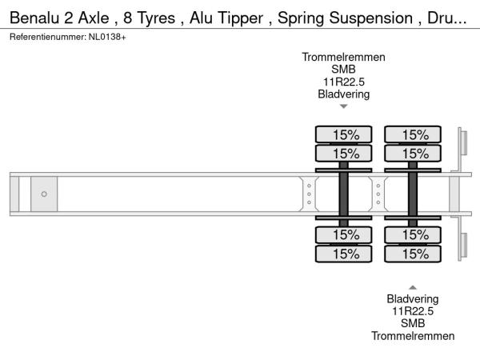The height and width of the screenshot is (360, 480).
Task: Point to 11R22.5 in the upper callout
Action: click(343, 82)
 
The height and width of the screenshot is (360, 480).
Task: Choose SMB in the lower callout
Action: click(413, 323)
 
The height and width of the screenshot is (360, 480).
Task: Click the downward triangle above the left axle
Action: click(343, 106)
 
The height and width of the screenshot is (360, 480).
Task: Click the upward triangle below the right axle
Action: click(413, 286)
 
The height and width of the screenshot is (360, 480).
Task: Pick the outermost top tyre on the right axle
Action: click(414, 134)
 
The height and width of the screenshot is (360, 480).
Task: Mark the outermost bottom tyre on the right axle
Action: click(414, 254)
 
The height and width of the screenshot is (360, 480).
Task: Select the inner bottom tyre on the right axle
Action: click(414, 234)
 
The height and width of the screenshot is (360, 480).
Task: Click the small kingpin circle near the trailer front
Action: click(44, 194)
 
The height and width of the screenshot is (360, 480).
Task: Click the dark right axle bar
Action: click(414, 194)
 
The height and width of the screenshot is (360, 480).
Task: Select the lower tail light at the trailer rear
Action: click(462, 244)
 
